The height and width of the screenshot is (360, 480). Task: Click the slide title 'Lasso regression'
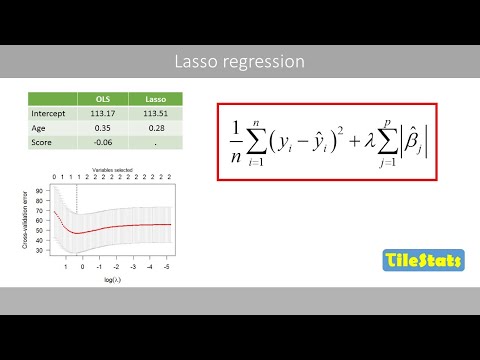pyautogui.click(x=239, y=62)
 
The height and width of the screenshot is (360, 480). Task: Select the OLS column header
pyautogui.click(x=102, y=99)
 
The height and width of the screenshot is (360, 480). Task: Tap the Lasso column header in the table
pyautogui.click(x=155, y=99)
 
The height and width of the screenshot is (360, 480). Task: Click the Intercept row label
pyautogui.click(x=50, y=113)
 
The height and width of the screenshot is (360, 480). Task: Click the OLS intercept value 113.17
pyautogui.click(x=102, y=113)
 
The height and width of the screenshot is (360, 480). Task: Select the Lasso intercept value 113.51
pyautogui.click(x=155, y=113)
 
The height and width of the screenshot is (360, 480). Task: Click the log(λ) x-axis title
pyautogui.click(x=112, y=281)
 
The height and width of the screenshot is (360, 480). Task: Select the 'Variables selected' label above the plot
pyautogui.click(x=112, y=169)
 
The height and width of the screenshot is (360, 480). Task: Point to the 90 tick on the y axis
pyautogui.click(x=39, y=190)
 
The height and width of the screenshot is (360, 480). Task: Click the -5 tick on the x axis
pyautogui.click(x=166, y=267)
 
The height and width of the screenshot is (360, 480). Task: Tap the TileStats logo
pyautogui.click(x=423, y=262)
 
